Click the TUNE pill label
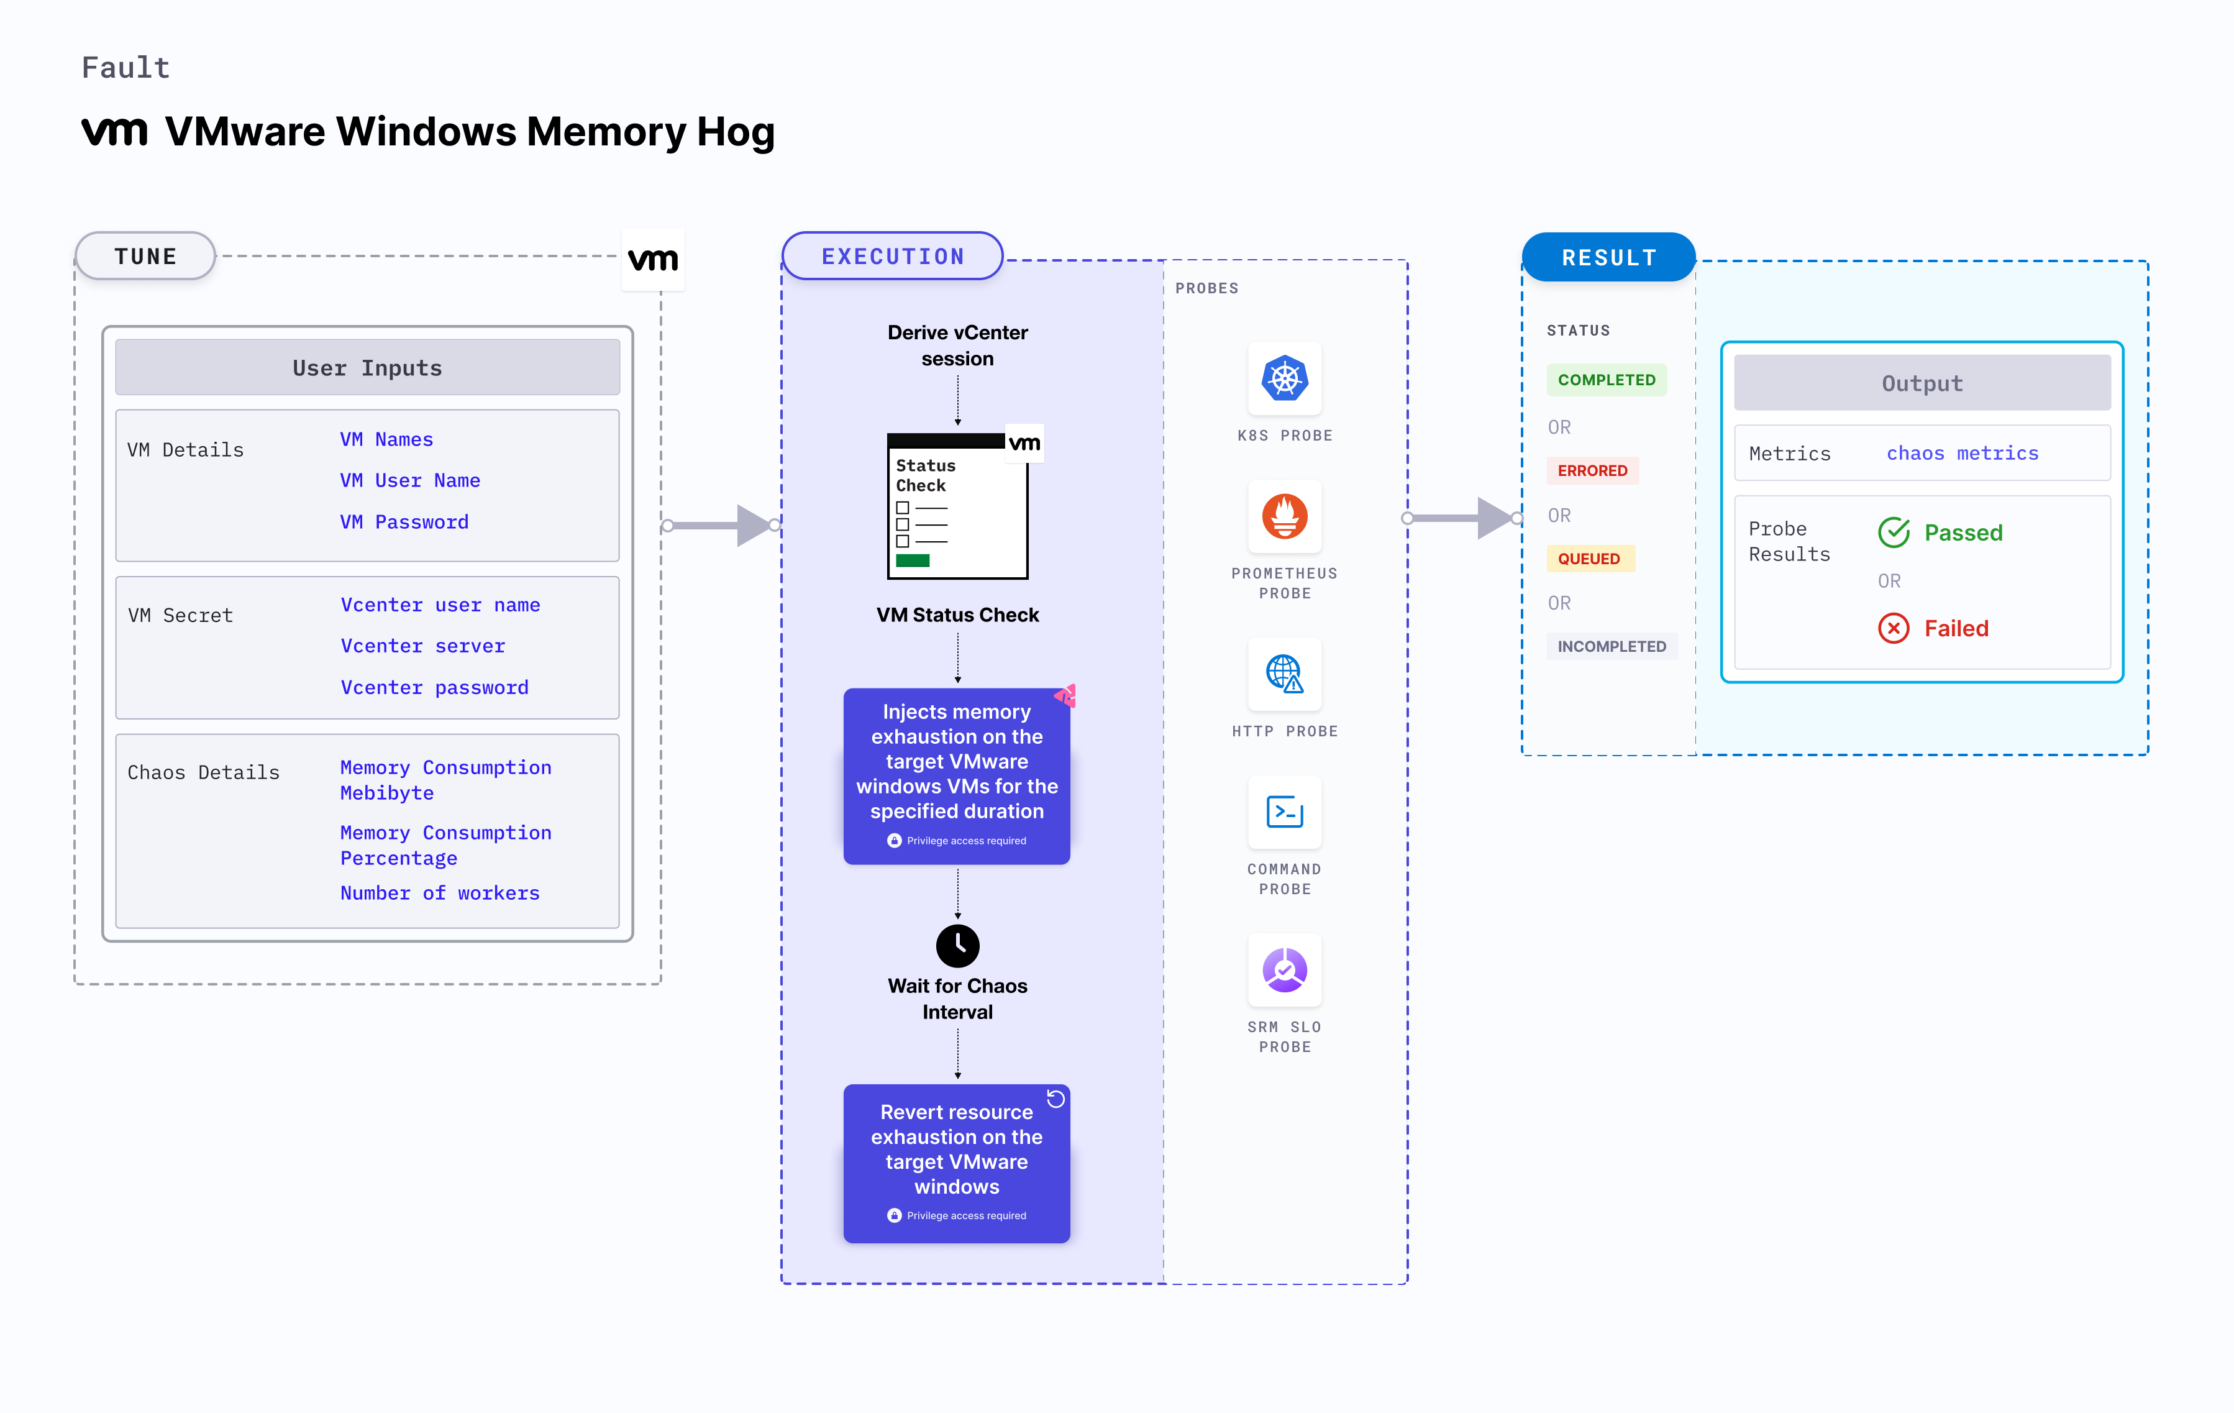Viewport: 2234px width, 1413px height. (x=145, y=256)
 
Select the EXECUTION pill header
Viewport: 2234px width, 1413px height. (x=893, y=256)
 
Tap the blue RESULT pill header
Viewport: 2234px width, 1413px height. (x=1608, y=257)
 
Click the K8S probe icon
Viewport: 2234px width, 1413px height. (x=1284, y=378)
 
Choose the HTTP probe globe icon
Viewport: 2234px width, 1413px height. (x=1284, y=674)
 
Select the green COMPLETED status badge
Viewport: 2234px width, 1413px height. (x=1606, y=380)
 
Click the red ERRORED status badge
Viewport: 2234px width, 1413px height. (x=1592, y=470)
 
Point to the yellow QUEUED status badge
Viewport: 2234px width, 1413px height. (x=1589, y=559)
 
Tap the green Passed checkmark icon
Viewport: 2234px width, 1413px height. (x=1894, y=533)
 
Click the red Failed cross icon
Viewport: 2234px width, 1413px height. (x=1894, y=628)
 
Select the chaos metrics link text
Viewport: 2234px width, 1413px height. (x=1962, y=454)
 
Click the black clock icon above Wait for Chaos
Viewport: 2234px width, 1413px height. (x=957, y=945)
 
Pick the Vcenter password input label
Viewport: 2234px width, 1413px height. (x=434, y=687)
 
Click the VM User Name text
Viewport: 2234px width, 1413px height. (x=409, y=480)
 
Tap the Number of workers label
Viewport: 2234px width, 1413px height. (x=440, y=892)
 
